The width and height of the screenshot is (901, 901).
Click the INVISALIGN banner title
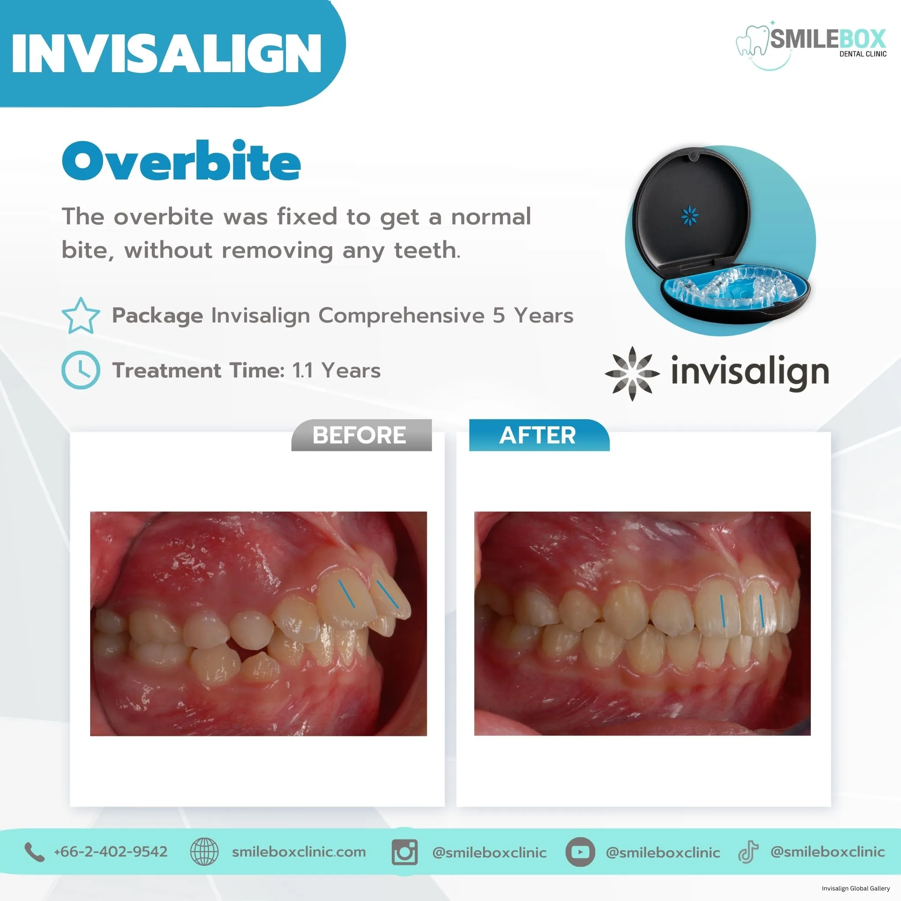[x=166, y=53]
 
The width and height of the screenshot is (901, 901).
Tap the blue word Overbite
[x=181, y=161]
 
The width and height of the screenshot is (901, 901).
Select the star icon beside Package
[x=81, y=316]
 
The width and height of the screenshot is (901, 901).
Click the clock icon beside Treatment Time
[x=81, y=370]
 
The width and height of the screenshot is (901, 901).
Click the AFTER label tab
[x=539, y=435]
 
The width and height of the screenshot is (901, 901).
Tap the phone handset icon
[x=34, y=852]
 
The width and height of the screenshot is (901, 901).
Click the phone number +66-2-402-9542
[x=110, y=852]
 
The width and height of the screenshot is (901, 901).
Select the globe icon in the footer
[x=204, y=852]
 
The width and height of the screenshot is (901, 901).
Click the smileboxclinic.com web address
[x=299, y=852]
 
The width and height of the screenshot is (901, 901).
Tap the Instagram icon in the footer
[x=404, y=852]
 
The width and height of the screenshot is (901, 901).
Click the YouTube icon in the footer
[x=580, y=852]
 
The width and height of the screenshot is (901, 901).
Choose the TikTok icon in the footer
[x=747, y=853]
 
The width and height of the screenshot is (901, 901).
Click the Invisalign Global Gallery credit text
[x=855, y=888]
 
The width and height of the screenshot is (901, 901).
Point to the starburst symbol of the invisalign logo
[x=632, y=374]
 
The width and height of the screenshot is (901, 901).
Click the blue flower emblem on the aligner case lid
[x=690, y=216]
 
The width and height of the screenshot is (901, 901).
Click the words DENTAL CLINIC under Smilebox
[x=863, y=54]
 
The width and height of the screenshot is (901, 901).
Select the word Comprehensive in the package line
[x=401, y=316]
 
